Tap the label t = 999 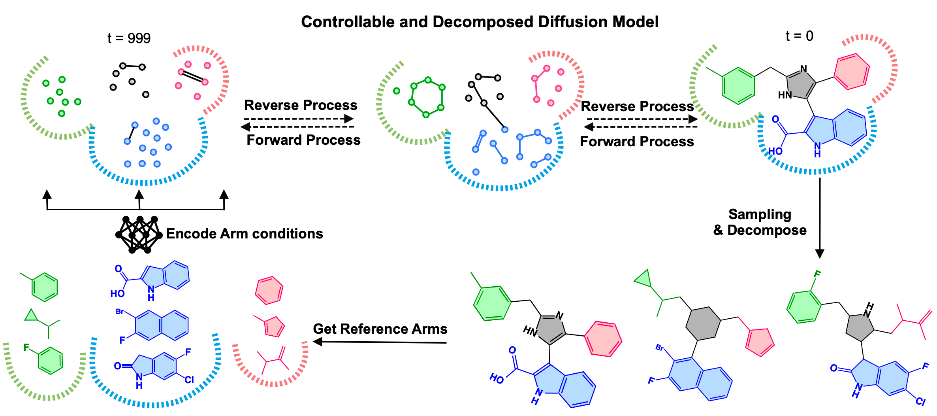pos(129,38)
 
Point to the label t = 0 pos(799,36)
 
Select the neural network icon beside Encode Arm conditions pos(139,234)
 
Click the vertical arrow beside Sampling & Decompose pos(820,217)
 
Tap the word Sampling pos(760,214)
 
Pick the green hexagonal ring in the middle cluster pos(427,97)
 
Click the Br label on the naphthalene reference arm pos(120,312)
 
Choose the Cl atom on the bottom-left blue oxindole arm pos(189,380)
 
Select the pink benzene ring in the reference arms pos(269,291)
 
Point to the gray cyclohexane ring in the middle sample pos(703,323)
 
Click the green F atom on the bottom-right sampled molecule pos(817,274)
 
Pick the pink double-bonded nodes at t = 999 pos(193,77)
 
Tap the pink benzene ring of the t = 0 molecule pos(852,72)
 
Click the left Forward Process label pos(303,140)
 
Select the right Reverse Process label pos(637,106)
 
